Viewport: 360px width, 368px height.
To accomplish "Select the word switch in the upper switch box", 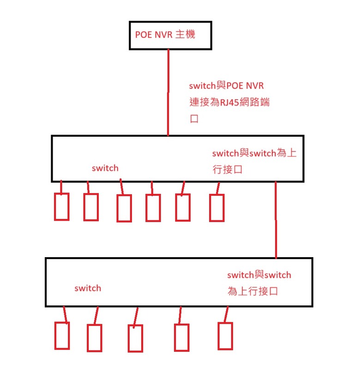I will [x=105, y=168].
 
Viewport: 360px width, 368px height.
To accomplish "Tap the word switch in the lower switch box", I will [x=88, y=288].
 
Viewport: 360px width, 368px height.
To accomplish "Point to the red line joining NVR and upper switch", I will [x=168, y=92].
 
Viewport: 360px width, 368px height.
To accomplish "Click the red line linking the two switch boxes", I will [x=276, y=220].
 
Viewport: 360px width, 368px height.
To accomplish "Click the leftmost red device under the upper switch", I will [x=62, y=206].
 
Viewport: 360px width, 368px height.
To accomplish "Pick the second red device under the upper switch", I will [x=91, y=207].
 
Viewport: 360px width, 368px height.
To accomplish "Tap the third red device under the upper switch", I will [x=124, y=208].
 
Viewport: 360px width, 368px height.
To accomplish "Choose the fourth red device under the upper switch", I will [x=153, y=208].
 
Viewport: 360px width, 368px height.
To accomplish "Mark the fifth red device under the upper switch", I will [x=182, y=207].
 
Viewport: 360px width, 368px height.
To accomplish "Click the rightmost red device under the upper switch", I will [x=216, y=208].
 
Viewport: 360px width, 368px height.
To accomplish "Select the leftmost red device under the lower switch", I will [x=62, y=335].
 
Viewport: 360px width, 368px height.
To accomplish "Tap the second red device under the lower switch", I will [x=94, y=338].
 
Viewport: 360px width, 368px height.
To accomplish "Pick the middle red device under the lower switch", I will [x=135, y=339].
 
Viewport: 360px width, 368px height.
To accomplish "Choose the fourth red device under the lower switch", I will [x=181, y=338].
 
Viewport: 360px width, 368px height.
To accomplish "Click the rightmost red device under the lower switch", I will [x=225, y=336].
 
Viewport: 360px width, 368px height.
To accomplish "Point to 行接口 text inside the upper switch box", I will [x=227, y=170].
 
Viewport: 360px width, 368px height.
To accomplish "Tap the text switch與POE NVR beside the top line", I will [x=227, y=86].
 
